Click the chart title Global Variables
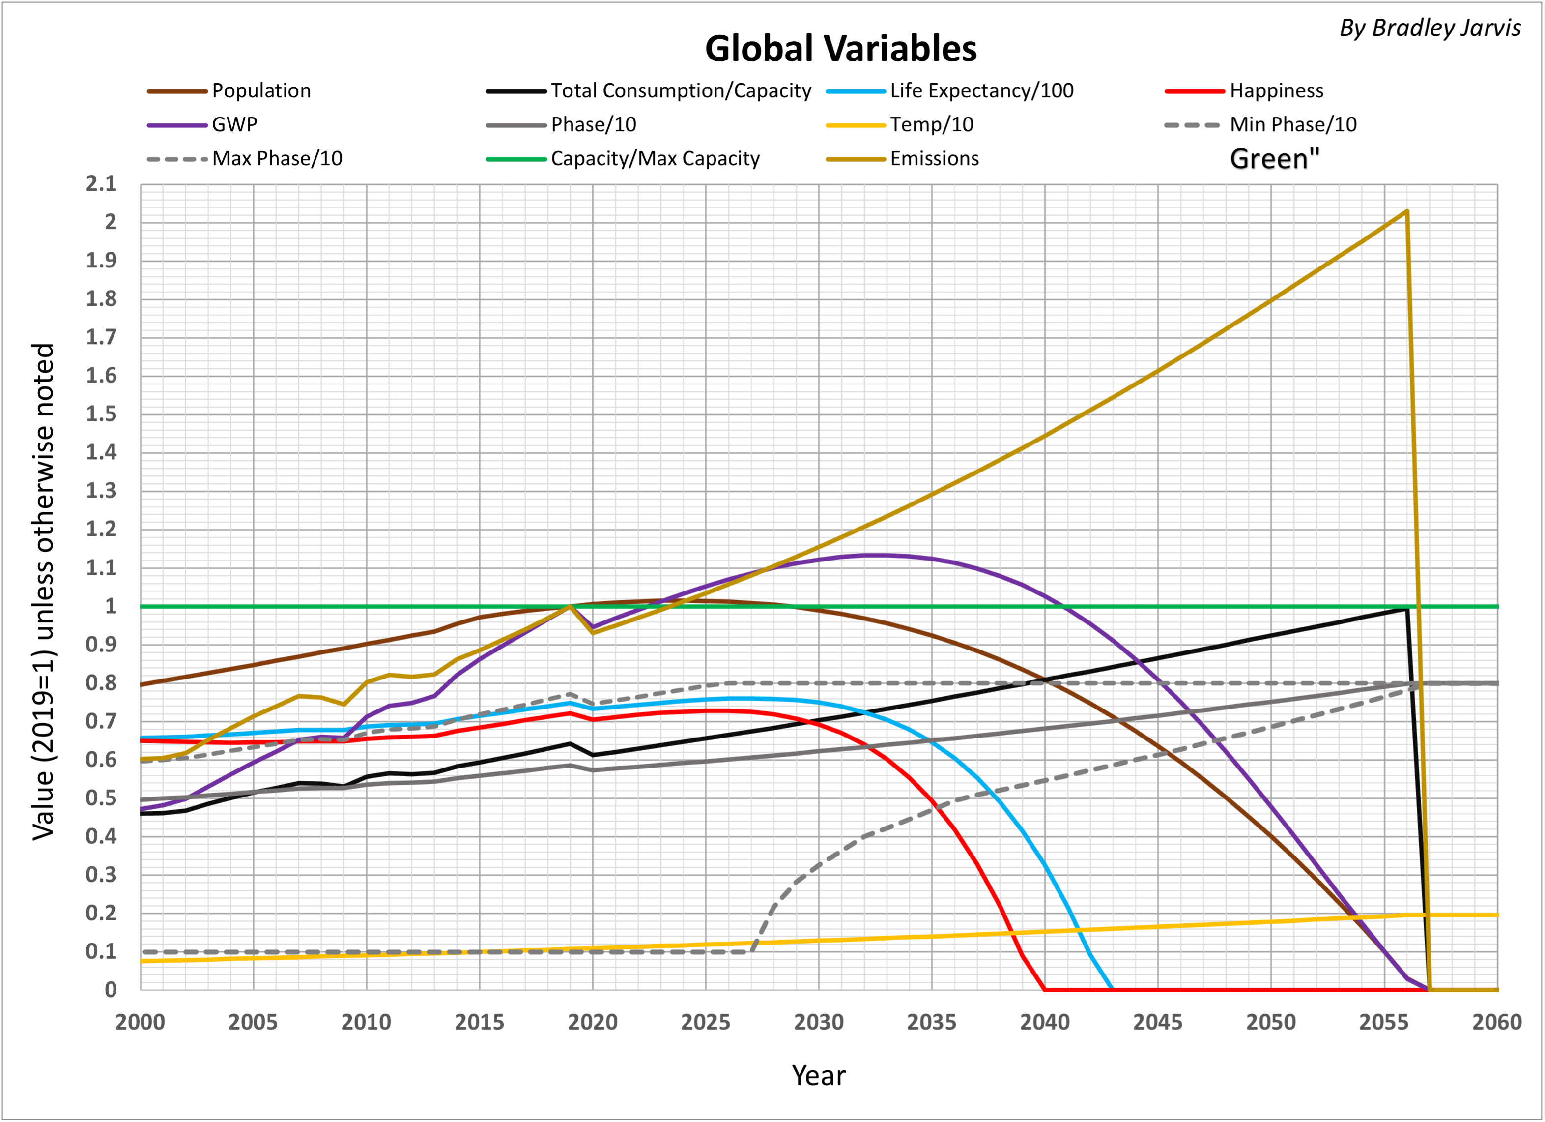(841, 49)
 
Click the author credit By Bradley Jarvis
(1430, 28)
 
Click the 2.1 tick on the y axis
(101, 183)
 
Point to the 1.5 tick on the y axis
(101, 414)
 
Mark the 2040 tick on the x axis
(1044, 1023)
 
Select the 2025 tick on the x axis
(705, 1023)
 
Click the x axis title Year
(818, 1076)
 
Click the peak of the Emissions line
(1407, 211)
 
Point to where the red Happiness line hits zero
(1044, 989)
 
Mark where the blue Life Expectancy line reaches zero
(1112, 989)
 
